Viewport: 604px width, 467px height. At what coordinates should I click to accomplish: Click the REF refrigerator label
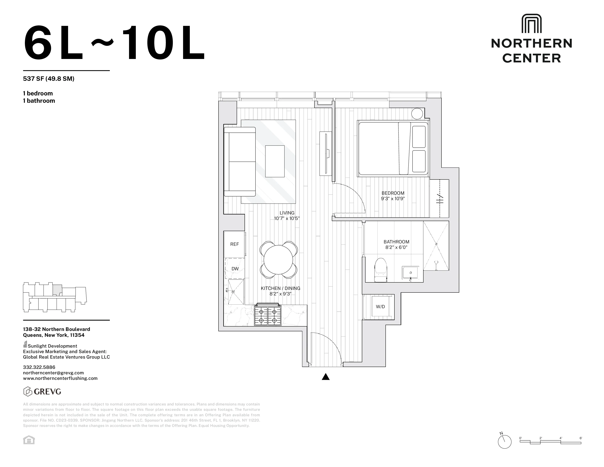[234, 244]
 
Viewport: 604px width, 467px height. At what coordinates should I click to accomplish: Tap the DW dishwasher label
[235, 269]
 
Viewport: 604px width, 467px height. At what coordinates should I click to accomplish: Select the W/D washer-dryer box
[380, 307]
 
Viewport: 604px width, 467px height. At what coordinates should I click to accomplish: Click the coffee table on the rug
[275, 161]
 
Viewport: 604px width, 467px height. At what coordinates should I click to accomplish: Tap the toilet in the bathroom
[380, 270]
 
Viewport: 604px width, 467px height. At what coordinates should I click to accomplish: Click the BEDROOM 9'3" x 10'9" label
[393, 196]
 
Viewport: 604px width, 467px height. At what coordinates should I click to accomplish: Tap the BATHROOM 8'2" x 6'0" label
[396, 244]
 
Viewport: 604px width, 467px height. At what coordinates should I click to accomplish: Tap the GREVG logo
[42, 392]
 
